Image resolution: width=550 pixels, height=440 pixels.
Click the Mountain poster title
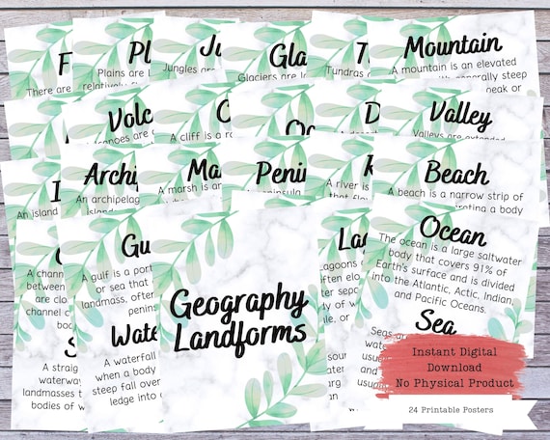click(453, 44)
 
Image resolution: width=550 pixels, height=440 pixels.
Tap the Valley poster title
click(461, 114)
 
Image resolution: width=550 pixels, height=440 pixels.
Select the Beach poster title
click(456, 175)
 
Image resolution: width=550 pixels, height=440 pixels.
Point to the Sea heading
click(437, 322)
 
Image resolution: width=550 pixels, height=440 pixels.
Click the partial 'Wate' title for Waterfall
click(132, 334)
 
